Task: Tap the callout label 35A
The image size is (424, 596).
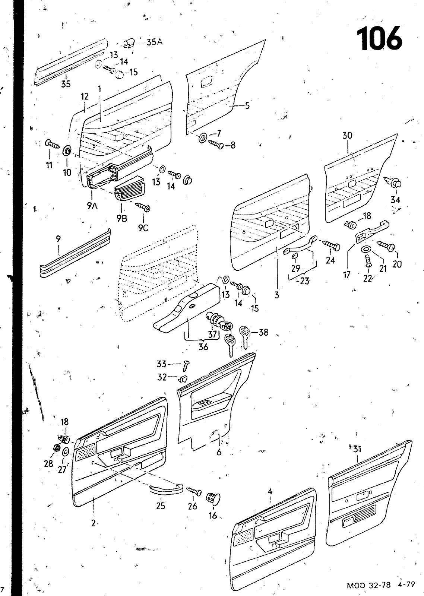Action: click(x=155, y=42)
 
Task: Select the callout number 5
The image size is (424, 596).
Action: click(x=247, y=106)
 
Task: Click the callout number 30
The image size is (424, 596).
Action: click(x=347, y=136)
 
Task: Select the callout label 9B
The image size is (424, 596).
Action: click(x=121, y=219)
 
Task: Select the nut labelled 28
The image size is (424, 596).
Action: click(x=57, y=447)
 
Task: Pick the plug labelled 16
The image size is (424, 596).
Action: click(x=213, y=497)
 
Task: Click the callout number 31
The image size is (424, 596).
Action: click(x=358, y=449)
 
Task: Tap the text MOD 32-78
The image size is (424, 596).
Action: click(x=368, y=585)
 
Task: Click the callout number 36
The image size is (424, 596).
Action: click(x=203, y=347)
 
